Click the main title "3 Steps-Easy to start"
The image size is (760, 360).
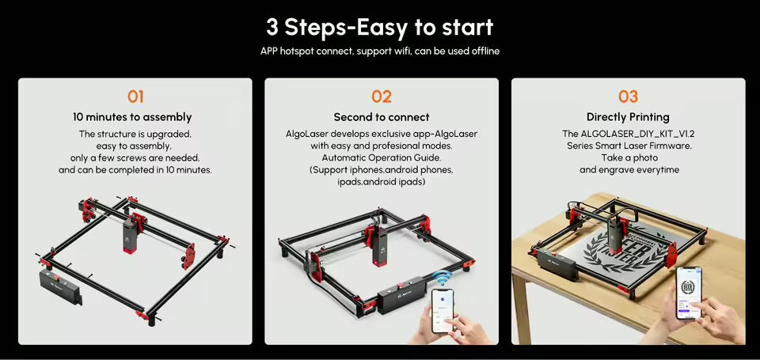[379, 27]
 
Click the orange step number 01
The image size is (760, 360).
[135, 97]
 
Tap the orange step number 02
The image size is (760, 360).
[382, 97]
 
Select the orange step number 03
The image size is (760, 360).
[628, 97]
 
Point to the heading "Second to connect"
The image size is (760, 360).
[382, 117]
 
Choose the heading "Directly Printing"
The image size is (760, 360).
[628, 117]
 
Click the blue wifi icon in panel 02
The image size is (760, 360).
[440, 278]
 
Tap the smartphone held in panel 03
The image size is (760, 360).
[688, 293]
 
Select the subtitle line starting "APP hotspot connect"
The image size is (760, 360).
[380, 51]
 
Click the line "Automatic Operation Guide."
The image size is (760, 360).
[382, 158]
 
